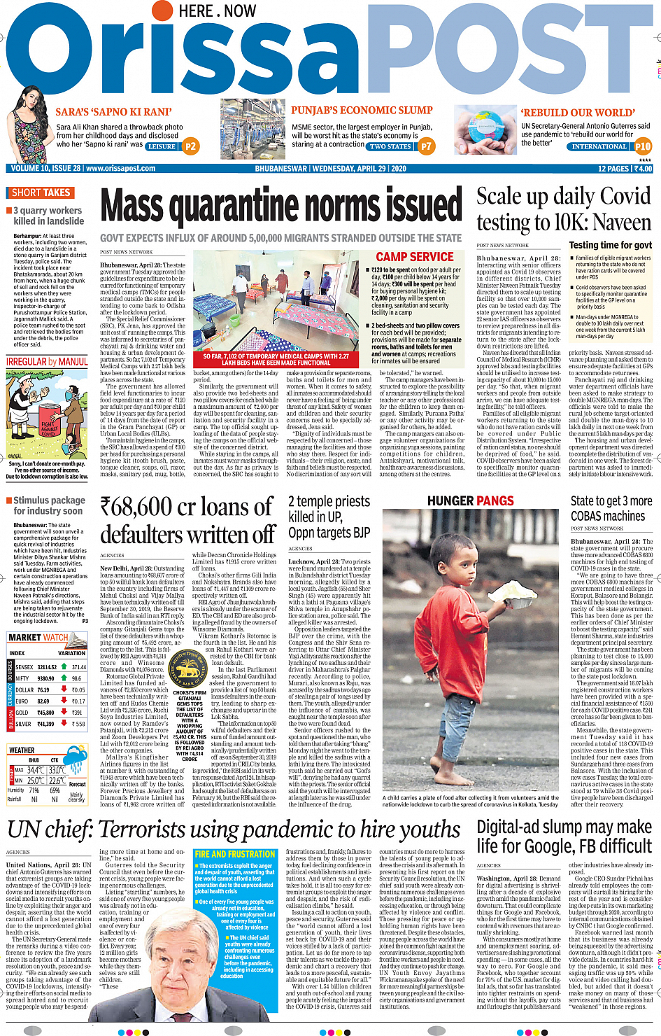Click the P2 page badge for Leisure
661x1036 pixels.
[x=190, y=146]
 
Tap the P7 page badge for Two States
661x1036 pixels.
[x=426, y=146]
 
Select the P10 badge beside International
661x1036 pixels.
[x=643, y=146]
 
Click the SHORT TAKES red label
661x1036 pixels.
[x=41, y=192]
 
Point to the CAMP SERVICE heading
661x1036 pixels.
[x=415, y=257]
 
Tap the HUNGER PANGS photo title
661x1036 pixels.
[x=470, y=501]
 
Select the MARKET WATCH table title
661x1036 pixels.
[x=38, y=638]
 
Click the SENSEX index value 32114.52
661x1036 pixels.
[x=47, y=667]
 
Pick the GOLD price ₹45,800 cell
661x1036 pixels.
[x=45, y=713]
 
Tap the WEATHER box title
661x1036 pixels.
[x=22, y=750]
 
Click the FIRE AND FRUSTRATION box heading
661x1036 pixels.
[x=234, y=855]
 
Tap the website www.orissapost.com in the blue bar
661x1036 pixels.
[x=120, y=169]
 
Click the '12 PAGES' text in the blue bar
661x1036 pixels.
[x=613, y=169]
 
